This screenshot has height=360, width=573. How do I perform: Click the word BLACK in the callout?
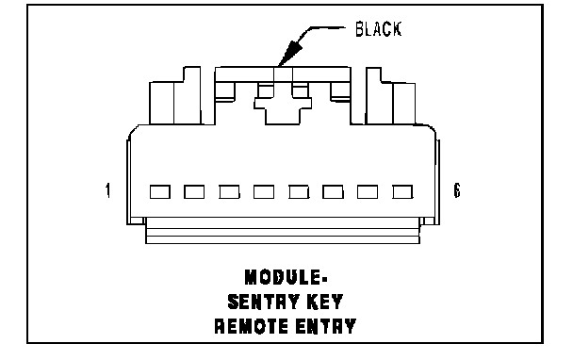click(x=379, y=29)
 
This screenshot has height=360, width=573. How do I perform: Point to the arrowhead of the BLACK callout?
click(x=289, y=54)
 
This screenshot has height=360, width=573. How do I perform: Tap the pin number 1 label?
click(x=107, y=190)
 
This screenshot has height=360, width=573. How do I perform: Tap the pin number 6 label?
click(x=457, y=190)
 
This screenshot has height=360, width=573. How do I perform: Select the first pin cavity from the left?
click(x=160, y=192)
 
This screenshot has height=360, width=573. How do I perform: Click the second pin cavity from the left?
click(x=194, y=192)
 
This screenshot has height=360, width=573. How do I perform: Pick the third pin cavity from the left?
click(x=229, y=192)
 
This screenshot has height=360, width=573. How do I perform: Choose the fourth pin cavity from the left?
click(x=264, y=192)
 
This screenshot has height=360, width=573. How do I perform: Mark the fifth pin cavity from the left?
click(x=299, y=192)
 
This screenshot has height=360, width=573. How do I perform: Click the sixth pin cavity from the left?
click(x=333, y=192)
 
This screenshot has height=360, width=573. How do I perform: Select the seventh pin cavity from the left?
click(x=368, y=192)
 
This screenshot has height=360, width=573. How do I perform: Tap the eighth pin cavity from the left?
click(x=402, y=192)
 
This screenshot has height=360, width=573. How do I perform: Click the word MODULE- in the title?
click(x=286, y=277)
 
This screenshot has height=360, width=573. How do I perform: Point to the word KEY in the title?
click(x=325, y=302)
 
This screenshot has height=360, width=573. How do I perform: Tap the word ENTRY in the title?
click(x=325, y=326)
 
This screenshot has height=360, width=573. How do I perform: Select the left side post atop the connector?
click(x=175, y=96)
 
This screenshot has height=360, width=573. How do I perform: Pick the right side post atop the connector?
click(x=390, y=96)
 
